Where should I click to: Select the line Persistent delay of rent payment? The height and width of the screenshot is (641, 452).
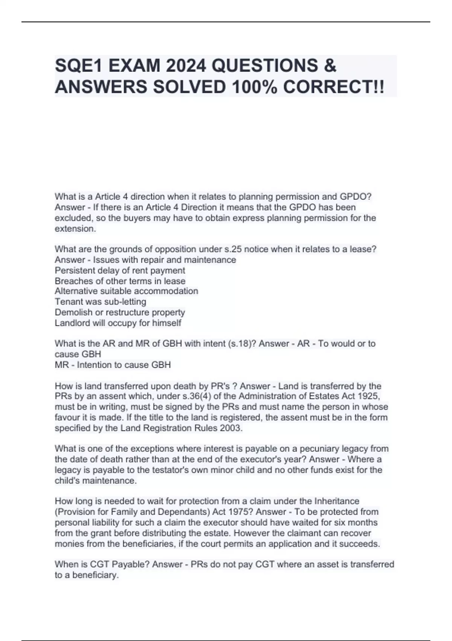pyautogui.click(x=120, y=270)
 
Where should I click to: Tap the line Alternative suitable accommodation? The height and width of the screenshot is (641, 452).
pyautogui.click(x=126, y=291)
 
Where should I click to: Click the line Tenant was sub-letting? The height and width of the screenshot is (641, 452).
pyautogui.click(x=100, y=302)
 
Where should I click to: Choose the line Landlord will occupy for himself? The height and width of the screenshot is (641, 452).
pyautogui.click(x=118, y=323)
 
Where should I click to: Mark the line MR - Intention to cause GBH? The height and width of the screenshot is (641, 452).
pyautogui.click(x=113, y=365)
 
